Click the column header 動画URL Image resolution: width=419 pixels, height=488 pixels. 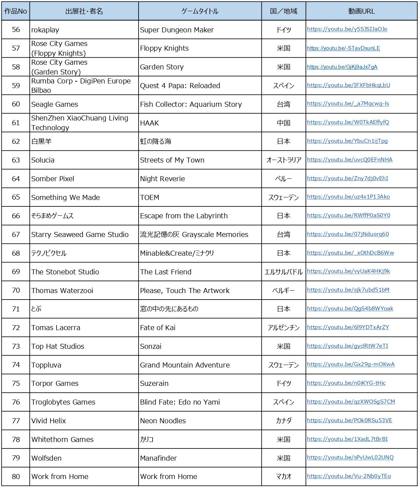coord(361,11)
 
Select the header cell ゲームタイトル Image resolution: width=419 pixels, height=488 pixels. coord(200,11)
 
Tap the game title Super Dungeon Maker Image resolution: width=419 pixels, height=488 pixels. coord(177,30)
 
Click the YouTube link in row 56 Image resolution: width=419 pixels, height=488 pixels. coord(347,29)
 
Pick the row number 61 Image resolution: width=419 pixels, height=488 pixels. coord(16,123)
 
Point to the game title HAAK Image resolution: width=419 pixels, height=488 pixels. coord(149,123)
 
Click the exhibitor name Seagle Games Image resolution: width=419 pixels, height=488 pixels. coord(55,104)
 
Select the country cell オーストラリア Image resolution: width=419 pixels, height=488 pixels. coord(284,160)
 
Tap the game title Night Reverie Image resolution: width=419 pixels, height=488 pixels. coord(162,179)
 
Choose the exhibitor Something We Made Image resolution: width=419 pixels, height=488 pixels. coord(65,197)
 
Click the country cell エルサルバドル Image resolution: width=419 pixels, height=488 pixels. coord(284,272)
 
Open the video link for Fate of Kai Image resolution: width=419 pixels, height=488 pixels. coord(348,327)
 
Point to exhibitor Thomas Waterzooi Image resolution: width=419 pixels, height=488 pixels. coord(62,291)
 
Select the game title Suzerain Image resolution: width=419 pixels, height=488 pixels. coord(154,383)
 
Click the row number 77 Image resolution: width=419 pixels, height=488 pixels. coord(16,420)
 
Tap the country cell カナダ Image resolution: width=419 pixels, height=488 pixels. coord(284,420)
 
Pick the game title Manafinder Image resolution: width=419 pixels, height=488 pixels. coord(158,458)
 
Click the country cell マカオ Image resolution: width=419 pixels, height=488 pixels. coord(284,476)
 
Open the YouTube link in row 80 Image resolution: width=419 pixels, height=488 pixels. coord(349,476)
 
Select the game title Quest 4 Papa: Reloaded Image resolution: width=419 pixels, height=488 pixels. coord(180,86)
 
